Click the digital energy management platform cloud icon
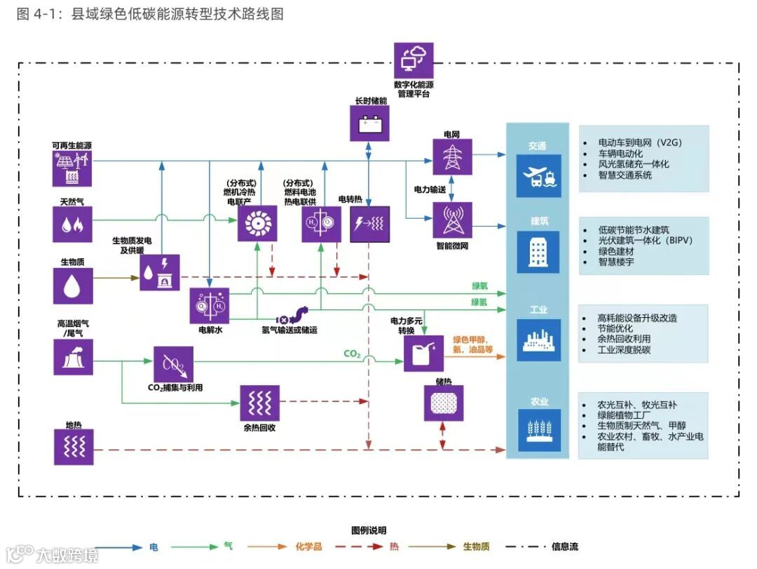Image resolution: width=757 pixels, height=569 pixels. click(x=414, y=61)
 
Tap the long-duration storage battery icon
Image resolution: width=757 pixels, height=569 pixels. click(x=369, y=123)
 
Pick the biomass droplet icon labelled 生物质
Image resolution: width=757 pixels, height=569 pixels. click(x=73, y=286)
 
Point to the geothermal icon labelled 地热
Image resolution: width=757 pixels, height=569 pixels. click(x=73, y=447)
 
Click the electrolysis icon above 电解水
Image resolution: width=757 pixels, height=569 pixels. click(x=210, y=306)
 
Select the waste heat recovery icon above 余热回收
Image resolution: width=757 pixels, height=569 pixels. click(x=259, y=403)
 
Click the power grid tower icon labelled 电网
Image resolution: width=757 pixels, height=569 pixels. click(x=452, y=156)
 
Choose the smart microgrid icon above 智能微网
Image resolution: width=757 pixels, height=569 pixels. click(x=452, y=220)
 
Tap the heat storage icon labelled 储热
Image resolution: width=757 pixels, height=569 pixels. click(x=444, y=403)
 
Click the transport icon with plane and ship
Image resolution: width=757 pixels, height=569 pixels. click(x=538, y=175)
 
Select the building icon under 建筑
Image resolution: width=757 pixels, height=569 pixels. click(x=538, y=251)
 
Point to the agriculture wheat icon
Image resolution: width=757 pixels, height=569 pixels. click(x=538, y=429)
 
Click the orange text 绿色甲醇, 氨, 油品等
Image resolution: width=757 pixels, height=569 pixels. click(x=474, y=344)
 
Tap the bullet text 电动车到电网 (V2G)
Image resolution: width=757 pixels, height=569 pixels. click(x=639, y=142)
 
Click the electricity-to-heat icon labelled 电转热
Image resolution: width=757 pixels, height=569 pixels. click(x=369, y=225)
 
